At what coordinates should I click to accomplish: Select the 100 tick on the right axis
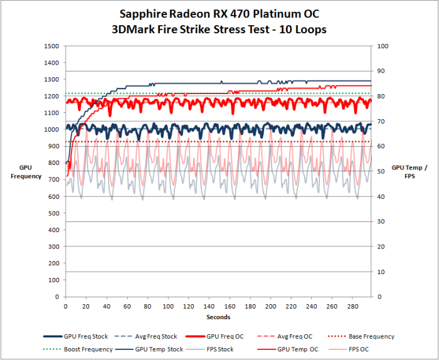tap(382, 46)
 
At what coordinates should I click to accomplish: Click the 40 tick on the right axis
tap(380, 197)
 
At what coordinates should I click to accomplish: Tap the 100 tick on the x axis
tap(167, 307)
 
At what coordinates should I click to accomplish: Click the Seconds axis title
tap(218, 317)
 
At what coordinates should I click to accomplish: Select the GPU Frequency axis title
tap(25, 172)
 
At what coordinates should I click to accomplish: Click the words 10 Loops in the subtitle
tap(301, 29)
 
